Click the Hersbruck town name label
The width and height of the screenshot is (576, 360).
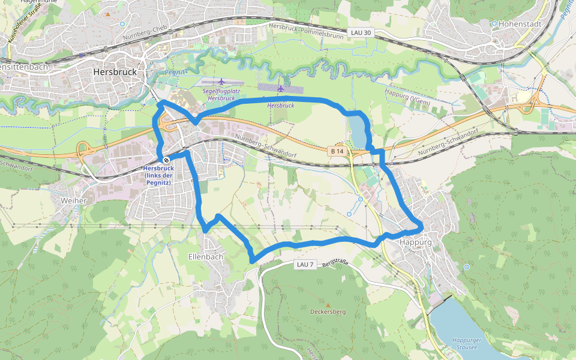[115, 71]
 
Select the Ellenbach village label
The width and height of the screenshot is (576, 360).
[205, 257]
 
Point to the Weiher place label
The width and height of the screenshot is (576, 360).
[74, 200]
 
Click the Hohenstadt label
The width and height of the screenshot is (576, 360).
[520, 24]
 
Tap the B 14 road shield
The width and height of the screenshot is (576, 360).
[337, 151]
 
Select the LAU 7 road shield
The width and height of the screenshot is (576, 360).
[305, 264]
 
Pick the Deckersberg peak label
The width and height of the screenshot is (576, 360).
[328, 312]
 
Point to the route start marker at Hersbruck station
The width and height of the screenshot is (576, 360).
[166, 160]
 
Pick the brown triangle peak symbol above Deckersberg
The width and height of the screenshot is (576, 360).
[328, 304]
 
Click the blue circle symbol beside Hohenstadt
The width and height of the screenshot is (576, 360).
[494, 24]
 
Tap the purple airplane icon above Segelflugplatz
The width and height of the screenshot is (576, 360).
[222, 81]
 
